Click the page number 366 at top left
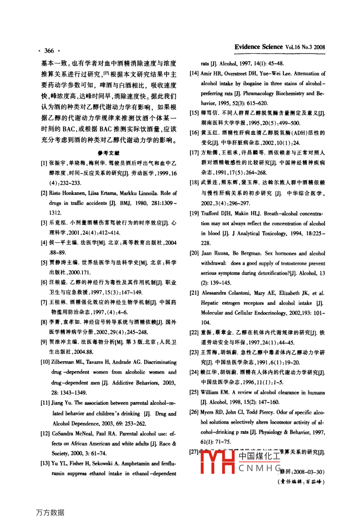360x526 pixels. pos(49,51)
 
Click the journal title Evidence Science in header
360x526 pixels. pos(258,47)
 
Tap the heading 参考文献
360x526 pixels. pos(108,153)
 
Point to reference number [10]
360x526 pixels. pos(45,362)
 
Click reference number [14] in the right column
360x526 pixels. pos(194,74)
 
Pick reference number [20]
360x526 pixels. pos(194,253)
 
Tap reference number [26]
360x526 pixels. pos(194,412)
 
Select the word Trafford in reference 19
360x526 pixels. pos(211,214)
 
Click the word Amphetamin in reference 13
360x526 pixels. pos(139,464)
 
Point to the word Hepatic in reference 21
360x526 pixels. pos(209,303)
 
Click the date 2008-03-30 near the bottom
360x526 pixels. pos(308,472)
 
